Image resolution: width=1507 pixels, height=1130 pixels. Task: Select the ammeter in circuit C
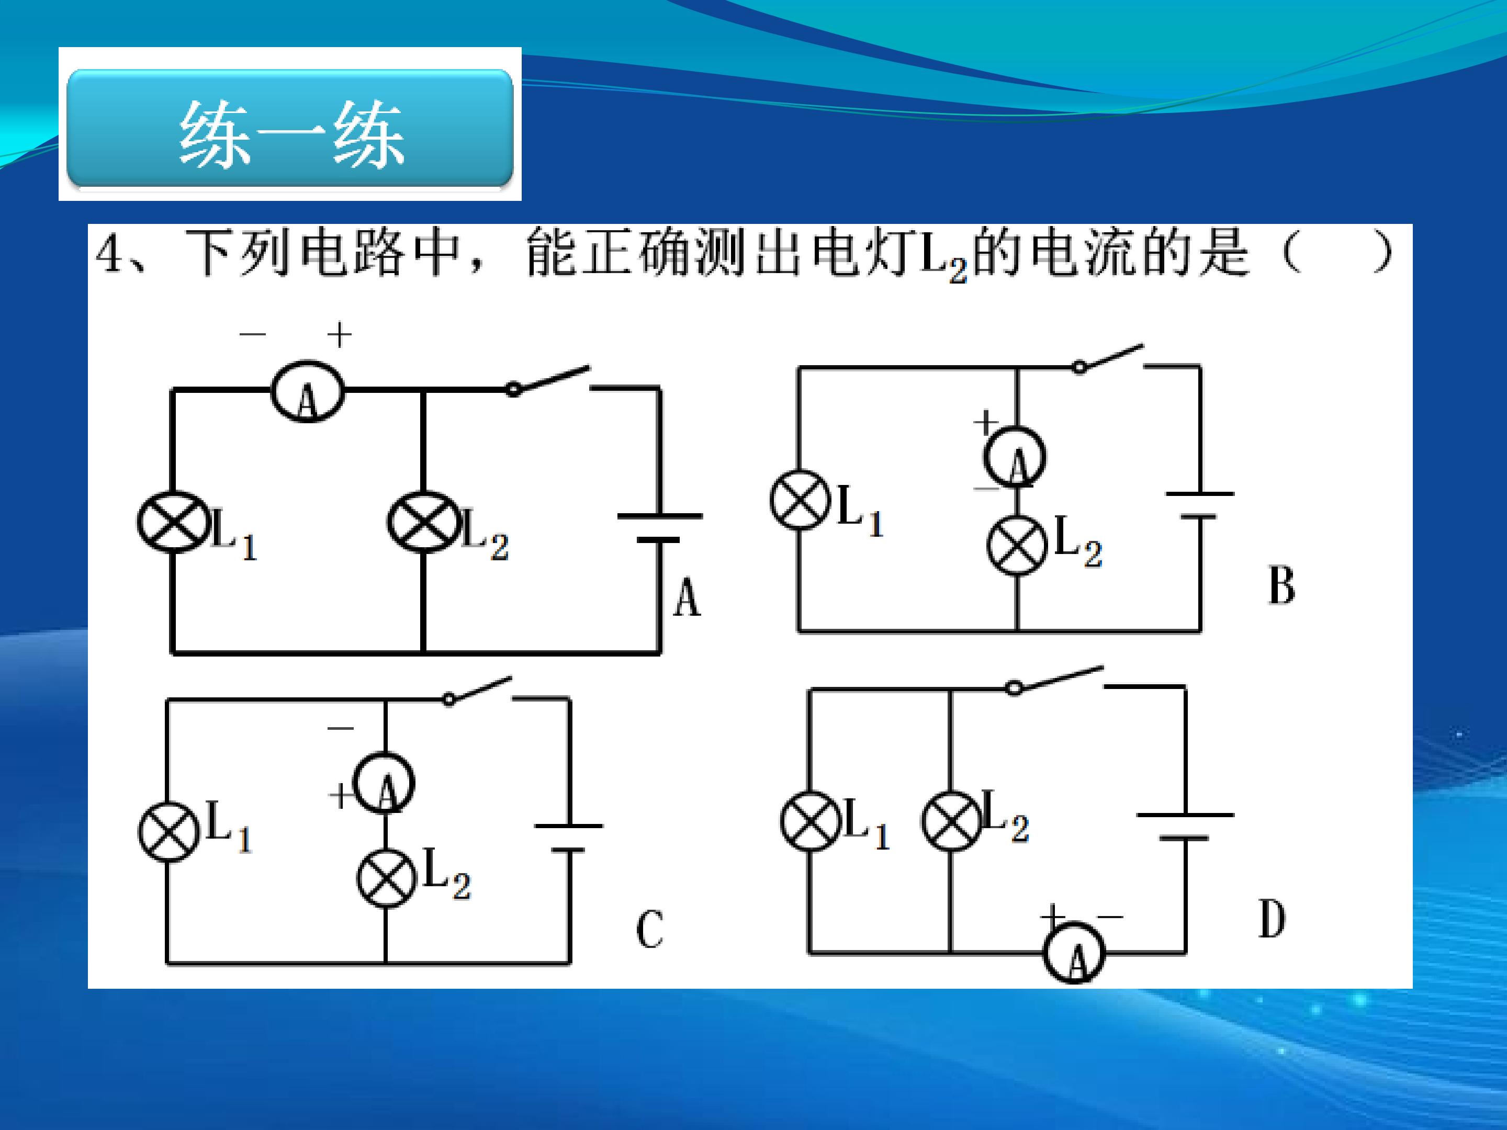[x=384, y=782]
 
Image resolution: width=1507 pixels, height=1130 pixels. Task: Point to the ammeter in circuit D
[x=1074, y=952]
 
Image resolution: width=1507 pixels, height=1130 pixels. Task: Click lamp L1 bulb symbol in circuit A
[x=173, y=522]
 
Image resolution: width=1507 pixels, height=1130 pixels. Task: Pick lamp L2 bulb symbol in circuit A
[x=423, y=522]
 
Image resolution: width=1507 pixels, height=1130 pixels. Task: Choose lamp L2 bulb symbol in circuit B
[x=1017, y=545]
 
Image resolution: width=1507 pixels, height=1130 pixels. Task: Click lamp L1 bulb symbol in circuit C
[x=168, y=832]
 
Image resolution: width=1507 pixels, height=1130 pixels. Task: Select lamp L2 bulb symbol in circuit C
[x=386, y=877]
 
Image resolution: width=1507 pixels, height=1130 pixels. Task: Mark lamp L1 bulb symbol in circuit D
[x=809, y=821]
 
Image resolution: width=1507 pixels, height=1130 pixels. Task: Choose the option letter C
[x=649, y=929]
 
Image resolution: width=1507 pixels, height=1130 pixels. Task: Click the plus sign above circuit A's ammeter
[x=339, y=335]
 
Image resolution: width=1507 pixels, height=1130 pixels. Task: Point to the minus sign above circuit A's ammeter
[x=252, y=334]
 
